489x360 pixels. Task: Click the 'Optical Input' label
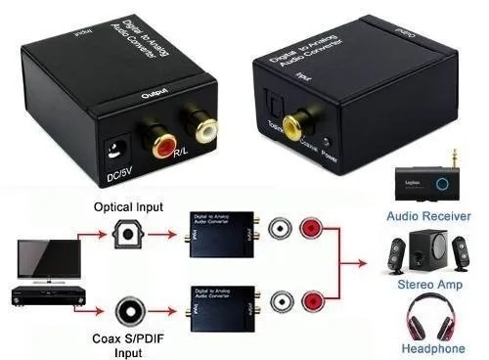point(128,207)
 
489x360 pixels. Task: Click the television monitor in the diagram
point(40,253)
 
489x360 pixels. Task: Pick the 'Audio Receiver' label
point(428,216)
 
